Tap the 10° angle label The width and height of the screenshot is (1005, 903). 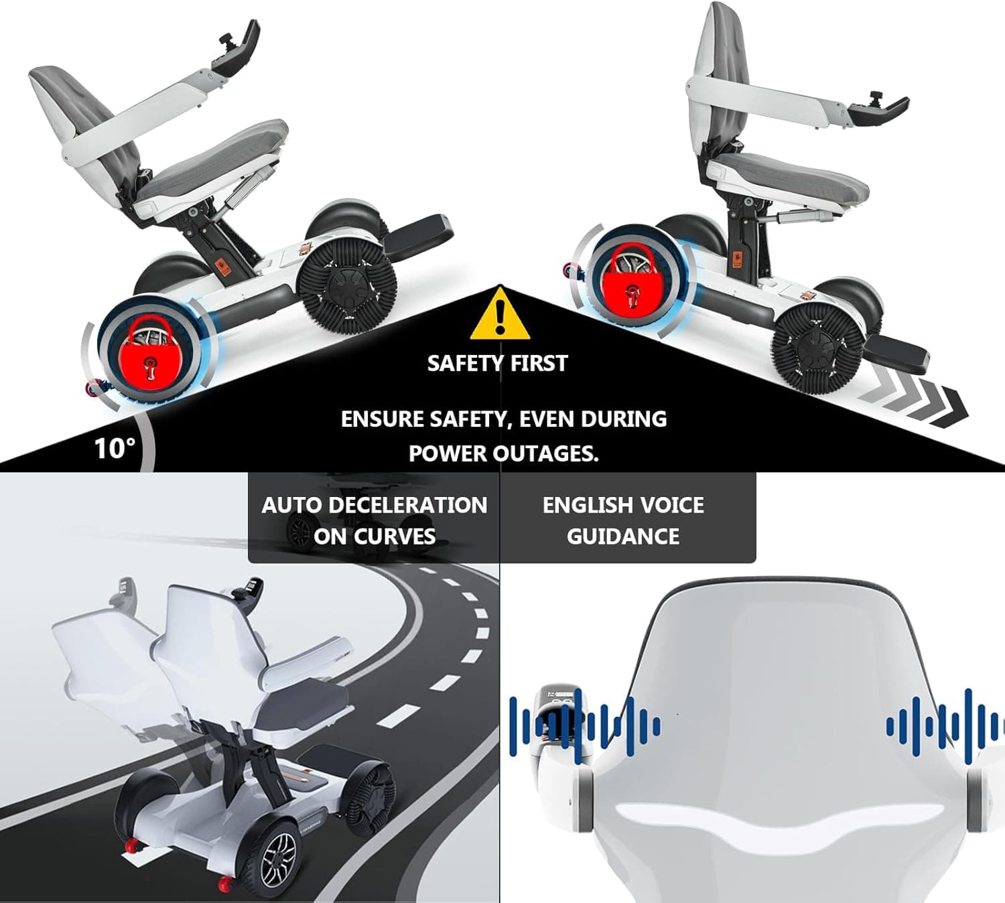click(x=115, y=447)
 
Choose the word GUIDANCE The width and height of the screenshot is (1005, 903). click(x=623, y=537)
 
